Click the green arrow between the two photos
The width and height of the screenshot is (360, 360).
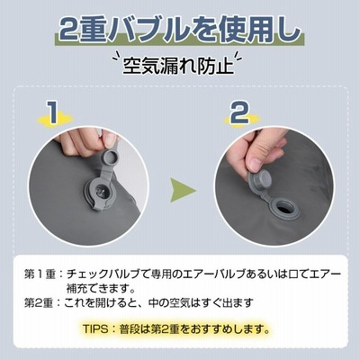[182, 190]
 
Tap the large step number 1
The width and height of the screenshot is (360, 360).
[53, 112]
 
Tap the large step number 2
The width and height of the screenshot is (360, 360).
[239, 112]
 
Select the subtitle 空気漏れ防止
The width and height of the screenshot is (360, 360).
[178, 65]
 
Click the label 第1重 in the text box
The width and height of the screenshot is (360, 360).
[40, 274]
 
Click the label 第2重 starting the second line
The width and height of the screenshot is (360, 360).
[39, 303]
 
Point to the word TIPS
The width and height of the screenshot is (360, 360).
[95, 329]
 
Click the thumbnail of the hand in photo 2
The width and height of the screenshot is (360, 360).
[256, 164]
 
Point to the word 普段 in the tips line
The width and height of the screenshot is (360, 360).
[130, 329]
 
